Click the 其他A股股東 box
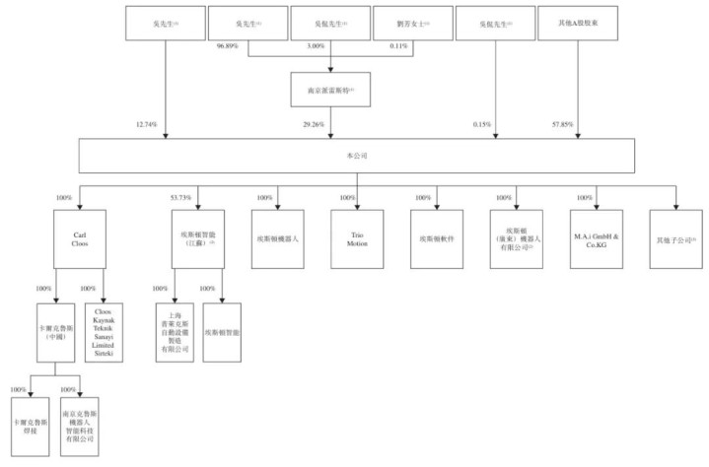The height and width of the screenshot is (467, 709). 579,22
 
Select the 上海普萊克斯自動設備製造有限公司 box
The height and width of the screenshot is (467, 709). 176,333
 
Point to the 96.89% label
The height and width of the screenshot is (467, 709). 228,46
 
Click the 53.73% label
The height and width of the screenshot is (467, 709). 179,197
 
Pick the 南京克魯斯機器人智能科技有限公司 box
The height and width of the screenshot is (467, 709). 80,426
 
